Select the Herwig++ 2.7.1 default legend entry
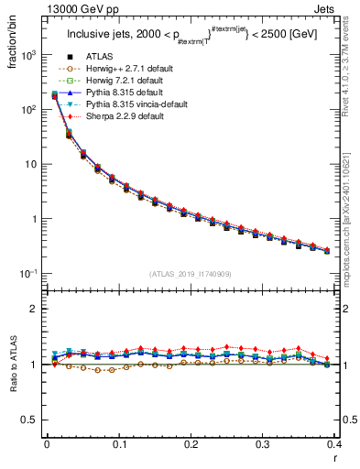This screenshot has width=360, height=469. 118,68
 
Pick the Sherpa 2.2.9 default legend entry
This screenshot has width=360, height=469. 115,116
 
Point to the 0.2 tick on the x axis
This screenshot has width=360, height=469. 191,444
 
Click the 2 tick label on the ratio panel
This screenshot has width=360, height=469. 36,310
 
